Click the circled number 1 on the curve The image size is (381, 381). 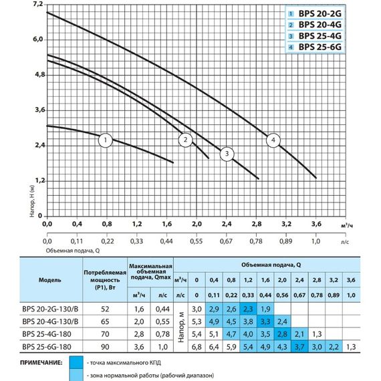point(105,140)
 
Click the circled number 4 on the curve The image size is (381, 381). point(272,140)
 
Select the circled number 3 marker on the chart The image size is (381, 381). point(227,154)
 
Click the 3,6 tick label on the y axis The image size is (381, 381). point(37,110)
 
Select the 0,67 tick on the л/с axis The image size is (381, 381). point(227,241)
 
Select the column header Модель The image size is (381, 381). point(51,280)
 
